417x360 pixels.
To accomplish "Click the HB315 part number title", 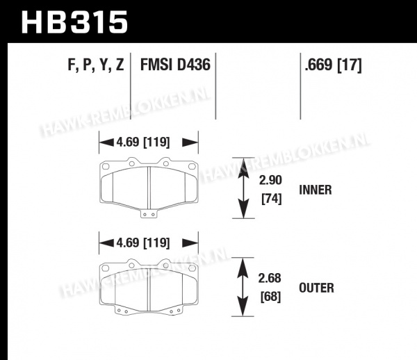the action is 74,22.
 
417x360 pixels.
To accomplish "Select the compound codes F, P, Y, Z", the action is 96,65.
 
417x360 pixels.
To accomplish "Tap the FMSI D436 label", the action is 175,65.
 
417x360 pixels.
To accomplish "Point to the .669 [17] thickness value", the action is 333,65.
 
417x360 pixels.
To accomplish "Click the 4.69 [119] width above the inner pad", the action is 143,142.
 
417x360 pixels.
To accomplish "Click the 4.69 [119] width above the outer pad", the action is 143,243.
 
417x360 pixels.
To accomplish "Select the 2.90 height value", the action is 270,180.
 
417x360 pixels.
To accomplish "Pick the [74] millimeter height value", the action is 271,199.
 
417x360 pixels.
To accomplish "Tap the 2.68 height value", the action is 270,278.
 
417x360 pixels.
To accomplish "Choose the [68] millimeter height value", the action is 270,297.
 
